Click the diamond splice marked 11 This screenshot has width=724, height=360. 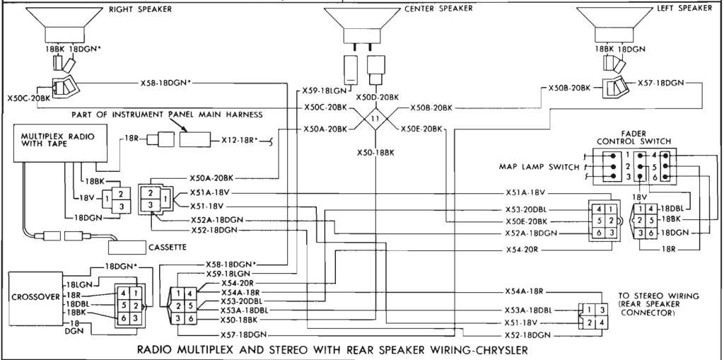[375, 118]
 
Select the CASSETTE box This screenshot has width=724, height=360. [147, 247]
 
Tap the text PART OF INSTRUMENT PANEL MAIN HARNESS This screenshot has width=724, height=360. [166, 114]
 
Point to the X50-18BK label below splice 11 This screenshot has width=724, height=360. [375, 152]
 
